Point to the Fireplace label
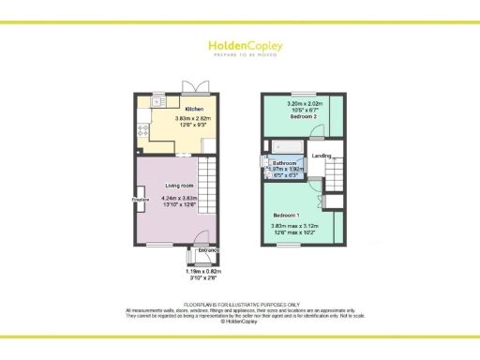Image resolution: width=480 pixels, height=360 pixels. [x=141, y=199]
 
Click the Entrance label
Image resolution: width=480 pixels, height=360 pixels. [x=207, y=250]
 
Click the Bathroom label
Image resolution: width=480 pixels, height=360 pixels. [x=285, y=163]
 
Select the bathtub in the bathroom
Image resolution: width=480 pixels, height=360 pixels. [x=283, y=147]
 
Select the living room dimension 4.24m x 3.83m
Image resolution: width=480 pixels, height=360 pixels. [x=180, y=202]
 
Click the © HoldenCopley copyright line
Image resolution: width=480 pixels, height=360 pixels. [x=240, y=322]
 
